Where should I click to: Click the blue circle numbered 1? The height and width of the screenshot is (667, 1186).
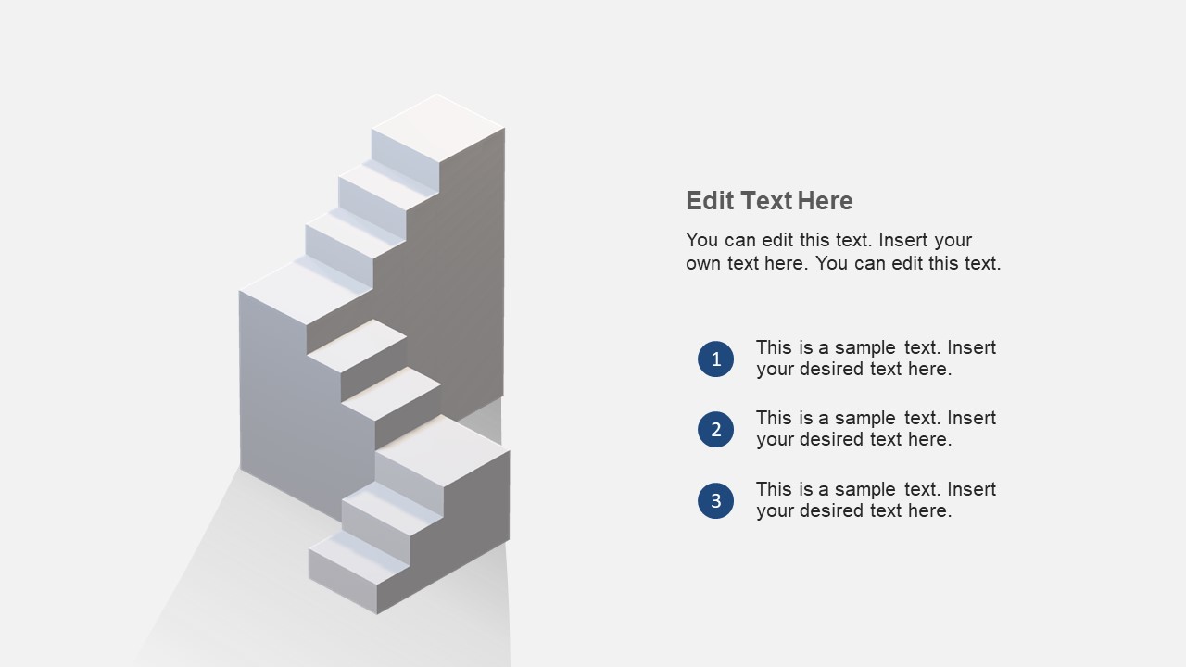[x=715, y=359]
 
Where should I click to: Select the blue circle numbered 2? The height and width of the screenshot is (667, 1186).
[x=715, y=430]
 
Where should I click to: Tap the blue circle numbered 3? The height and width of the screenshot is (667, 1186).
[x=715, y=501]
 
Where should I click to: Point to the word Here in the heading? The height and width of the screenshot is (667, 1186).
[x=826, y=201]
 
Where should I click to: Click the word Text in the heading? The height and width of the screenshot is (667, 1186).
[x=767, y=201]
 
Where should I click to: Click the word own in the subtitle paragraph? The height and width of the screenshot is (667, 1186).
[x=703, y=263]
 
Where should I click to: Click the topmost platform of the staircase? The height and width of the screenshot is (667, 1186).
[x=438, y=127]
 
